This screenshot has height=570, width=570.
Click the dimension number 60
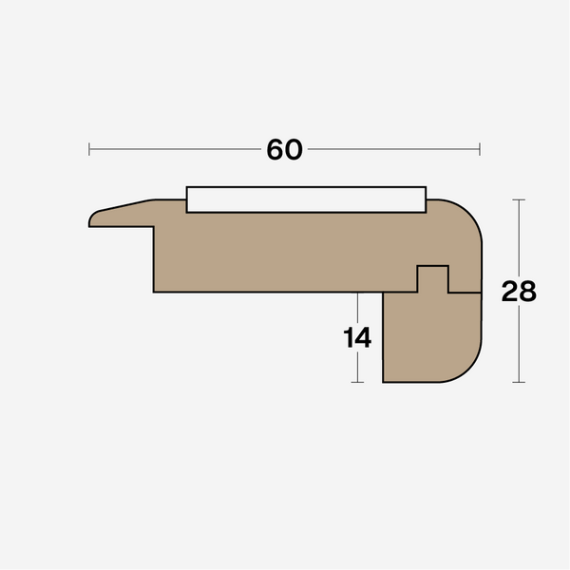(x=284, y=149)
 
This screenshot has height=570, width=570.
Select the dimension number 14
(x=357, y=337)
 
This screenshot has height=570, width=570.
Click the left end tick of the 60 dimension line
(x=89, y=148)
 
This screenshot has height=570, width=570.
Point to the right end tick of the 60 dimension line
(x=480, y=148)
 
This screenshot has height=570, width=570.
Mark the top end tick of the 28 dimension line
(x=519, y=199)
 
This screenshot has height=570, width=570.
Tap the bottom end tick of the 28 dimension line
(x=519, y=382)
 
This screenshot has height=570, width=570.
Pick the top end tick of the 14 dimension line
(x=357, y=293)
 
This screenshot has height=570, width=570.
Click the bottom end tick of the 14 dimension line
(x=357, y=382)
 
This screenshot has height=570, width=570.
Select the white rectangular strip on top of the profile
(x=306, y=199)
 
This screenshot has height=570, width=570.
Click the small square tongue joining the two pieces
(x=433, y=278)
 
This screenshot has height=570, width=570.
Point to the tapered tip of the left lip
(x=93, y=219)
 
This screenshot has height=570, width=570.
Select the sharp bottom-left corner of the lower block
(x=384, y=381)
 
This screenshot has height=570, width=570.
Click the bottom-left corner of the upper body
(x=155, y=291)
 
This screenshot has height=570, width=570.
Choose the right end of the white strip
(x=425, y=199)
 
